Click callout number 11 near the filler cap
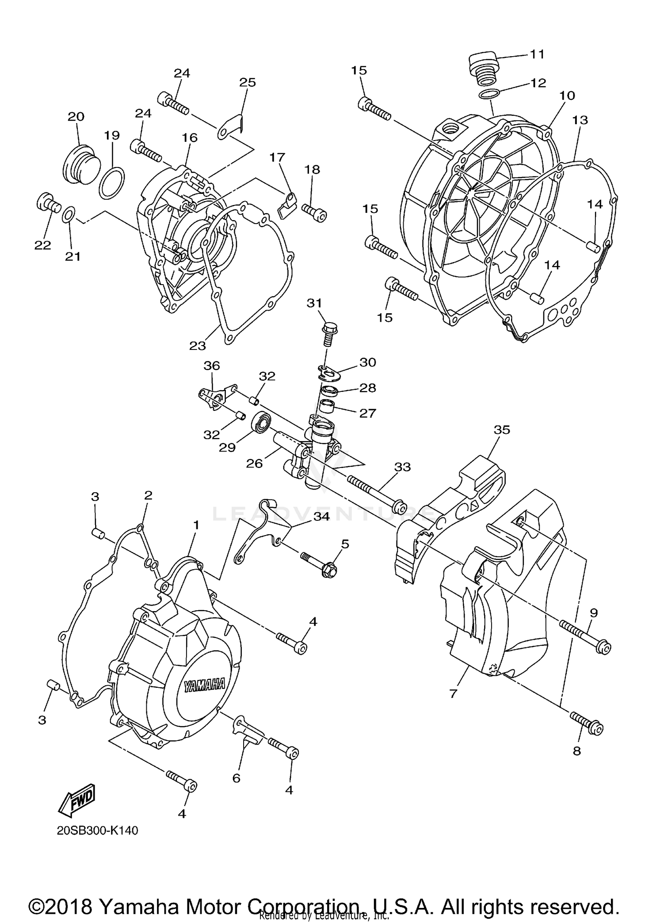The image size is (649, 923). point(537,54)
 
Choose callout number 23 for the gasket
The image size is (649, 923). point(197,346)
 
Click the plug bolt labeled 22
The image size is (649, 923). point(48,202)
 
